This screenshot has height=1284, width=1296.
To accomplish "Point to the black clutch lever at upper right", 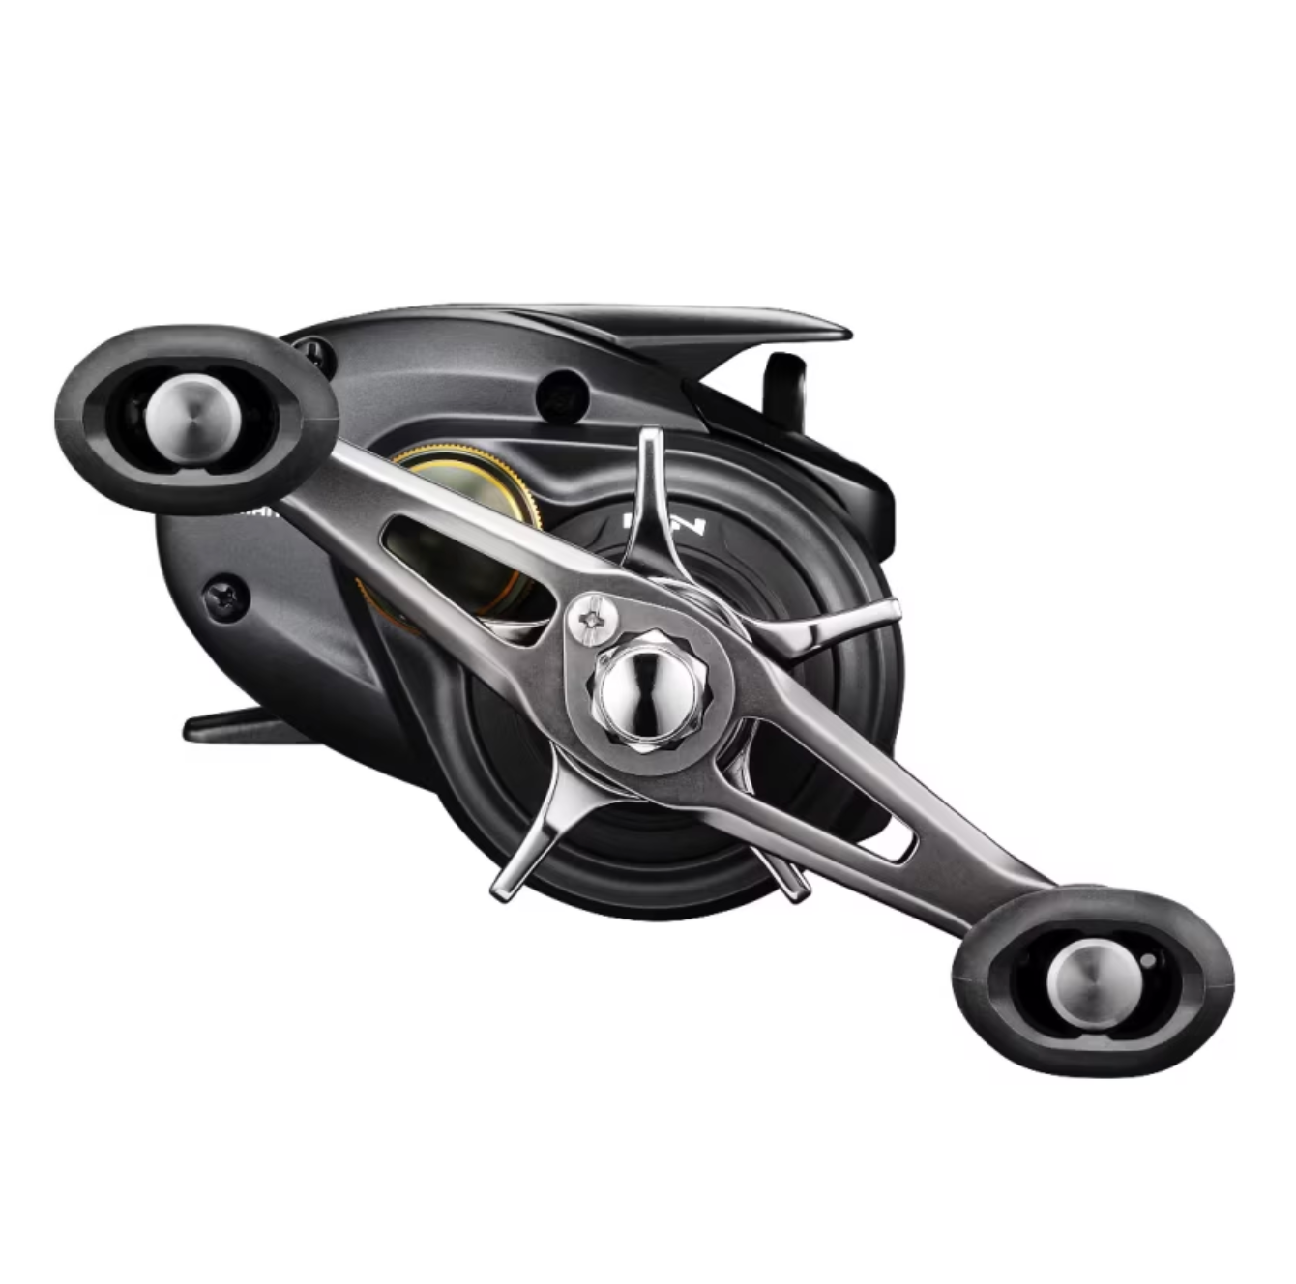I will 785,382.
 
